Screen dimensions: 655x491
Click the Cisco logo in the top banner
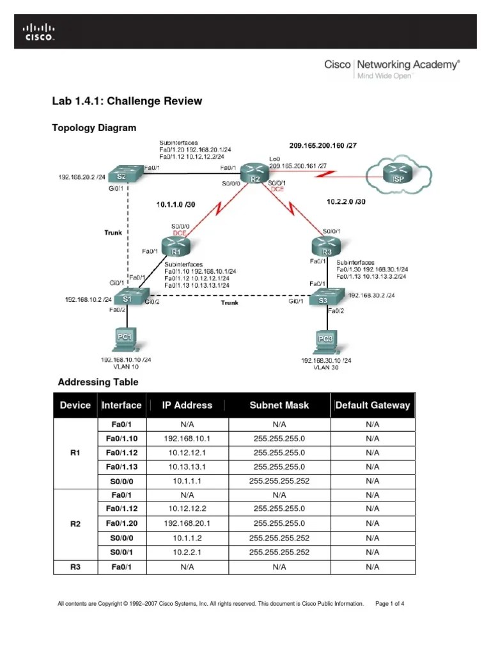tap(40, 33)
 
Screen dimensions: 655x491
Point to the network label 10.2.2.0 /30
tap(346, 201)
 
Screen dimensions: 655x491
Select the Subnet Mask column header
tap(279, 405)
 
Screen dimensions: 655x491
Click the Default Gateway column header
tap(373, 405)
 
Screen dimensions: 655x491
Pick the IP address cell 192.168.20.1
tap(187, 524)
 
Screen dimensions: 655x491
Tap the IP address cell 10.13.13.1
tap(187, 466)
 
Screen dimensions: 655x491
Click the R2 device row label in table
tap(75, 524)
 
